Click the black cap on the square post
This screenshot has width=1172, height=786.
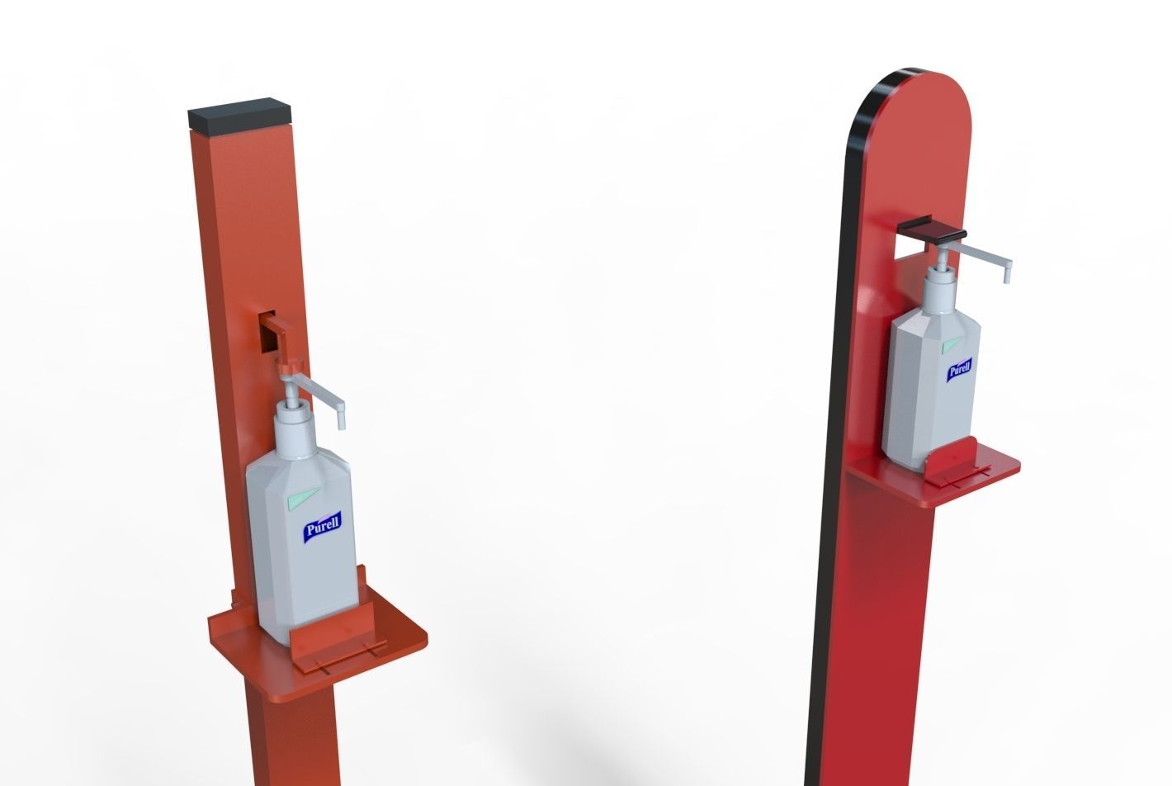coord(241,116)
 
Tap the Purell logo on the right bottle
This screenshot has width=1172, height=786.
coord(958,368)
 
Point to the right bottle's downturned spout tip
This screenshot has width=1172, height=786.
coord(1007,277)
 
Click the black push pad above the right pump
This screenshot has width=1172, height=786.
coord(933,231)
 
